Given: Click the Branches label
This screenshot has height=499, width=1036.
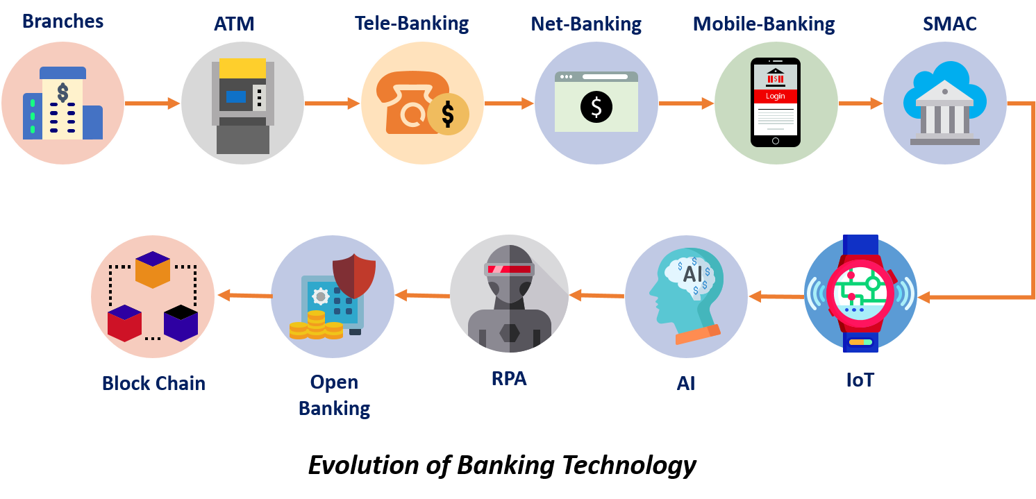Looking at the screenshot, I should click(62, 22).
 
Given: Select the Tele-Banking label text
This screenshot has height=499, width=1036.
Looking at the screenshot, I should click(412, 24).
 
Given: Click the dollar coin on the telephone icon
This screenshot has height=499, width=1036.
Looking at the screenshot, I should click(447, 114).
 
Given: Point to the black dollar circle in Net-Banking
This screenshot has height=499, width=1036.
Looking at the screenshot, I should click(596, 106).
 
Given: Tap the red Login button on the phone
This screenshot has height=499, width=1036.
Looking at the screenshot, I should click(775, 96).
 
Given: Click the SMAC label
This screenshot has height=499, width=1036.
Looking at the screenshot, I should click(949, 24).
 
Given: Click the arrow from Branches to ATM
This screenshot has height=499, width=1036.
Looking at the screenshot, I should click(153, 103).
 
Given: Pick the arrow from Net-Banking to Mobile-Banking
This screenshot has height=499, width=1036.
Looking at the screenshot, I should click(686, 103).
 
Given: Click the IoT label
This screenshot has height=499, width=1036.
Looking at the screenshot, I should click(860, 380).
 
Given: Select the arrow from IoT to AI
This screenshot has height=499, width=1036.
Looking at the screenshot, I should click(776, 297).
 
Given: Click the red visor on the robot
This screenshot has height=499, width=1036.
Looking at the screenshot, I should click(509, 269).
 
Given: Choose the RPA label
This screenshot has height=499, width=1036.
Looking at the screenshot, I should click(509, 379).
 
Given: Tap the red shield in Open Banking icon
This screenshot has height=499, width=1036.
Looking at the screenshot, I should click(354, 276).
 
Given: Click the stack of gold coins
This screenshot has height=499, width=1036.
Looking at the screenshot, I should click(316, 325).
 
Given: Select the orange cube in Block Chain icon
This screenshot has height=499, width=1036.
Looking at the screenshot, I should click(153, 269).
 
